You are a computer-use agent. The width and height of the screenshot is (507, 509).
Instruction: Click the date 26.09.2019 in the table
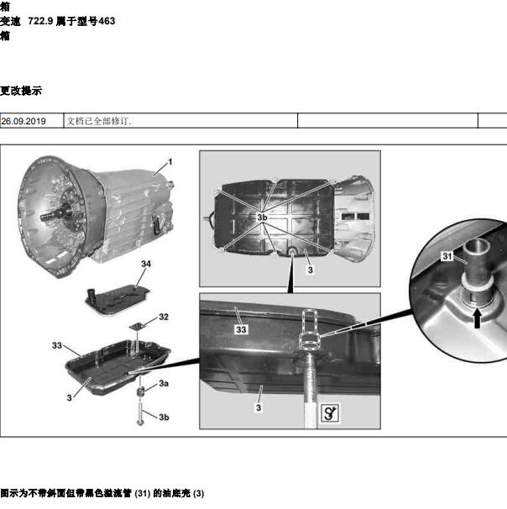24,121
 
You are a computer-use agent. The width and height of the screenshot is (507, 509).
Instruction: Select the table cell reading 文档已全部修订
98,121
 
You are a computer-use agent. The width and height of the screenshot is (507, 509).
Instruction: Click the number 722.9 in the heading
40,21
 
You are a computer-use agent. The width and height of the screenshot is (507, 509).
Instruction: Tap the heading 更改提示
21,91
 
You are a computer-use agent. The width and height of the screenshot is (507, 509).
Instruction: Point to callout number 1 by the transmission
170,161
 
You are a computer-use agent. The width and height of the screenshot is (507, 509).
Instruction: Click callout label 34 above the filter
146,264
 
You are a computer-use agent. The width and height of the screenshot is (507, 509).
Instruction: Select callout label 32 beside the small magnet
164,317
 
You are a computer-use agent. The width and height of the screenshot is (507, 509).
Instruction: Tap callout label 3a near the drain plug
164,383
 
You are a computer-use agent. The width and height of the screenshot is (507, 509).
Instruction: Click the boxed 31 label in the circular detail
447,256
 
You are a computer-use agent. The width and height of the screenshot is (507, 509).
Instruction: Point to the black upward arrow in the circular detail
477,317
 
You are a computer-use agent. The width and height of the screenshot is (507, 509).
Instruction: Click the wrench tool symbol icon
330,412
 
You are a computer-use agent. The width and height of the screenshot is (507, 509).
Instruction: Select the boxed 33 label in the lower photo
241,329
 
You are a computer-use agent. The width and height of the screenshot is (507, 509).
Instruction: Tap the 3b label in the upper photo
262,218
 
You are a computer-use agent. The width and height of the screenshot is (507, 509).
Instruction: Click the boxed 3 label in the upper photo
311,270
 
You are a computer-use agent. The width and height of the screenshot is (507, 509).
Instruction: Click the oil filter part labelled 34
118,300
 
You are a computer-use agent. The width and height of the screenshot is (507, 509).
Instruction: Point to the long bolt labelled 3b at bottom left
140,413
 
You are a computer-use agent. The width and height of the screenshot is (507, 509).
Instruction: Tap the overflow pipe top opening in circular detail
476,246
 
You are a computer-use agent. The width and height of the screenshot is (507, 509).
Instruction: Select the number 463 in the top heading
107,21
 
